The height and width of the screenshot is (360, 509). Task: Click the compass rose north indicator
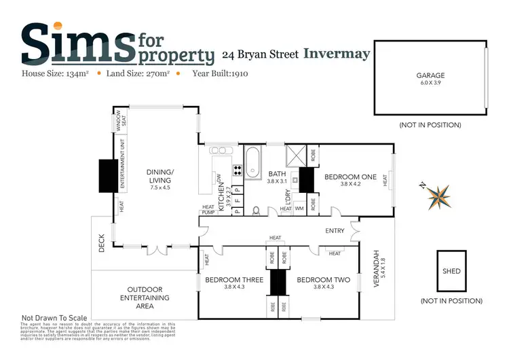(x=439, y=196)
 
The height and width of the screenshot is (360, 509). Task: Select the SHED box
(x=451, y=271)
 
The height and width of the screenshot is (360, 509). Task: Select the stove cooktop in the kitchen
(x=238, y=170)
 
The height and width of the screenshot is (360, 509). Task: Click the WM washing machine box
(x=299, y=208)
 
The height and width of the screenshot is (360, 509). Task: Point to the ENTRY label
(x=335, y=231)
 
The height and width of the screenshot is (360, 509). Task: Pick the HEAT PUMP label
(x=208, y=210)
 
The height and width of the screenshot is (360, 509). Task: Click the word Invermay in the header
(x=337, y=54)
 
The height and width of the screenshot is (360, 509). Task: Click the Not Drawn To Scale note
(x=54, y=318)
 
